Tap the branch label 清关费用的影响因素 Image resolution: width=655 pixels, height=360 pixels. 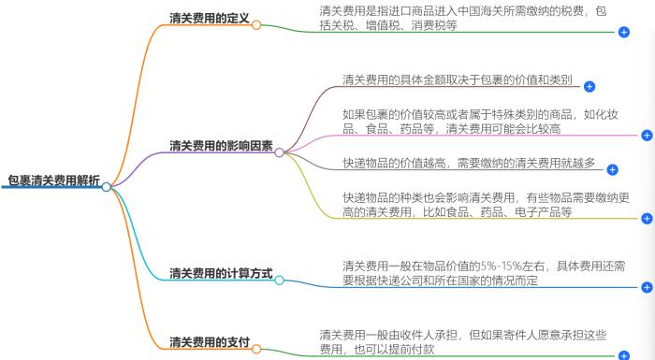tap(221, 146)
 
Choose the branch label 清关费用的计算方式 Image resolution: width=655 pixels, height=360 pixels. tap(221, 274)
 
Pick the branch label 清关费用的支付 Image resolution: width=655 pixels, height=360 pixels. tap(210, 343)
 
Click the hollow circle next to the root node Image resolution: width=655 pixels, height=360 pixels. tap(107, 187)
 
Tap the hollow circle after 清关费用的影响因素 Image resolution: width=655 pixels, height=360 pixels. tap(279, 151)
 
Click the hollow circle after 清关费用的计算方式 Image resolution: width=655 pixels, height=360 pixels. tap(279, 281)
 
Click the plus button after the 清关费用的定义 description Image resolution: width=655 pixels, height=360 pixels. tap(624, 33)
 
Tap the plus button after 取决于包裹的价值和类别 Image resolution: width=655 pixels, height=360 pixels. tap(589, 87)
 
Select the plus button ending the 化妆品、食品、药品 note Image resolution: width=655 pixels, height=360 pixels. tap(647, 136)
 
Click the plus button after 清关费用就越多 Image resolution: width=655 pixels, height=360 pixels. tap(613, 170)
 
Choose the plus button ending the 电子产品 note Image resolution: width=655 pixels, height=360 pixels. tap(647, 219)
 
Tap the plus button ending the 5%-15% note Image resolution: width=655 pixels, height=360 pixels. tap(647, 287)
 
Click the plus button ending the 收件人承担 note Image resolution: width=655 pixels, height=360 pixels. tap(624, 355)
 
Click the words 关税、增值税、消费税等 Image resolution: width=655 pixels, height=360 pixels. tap(387, 25)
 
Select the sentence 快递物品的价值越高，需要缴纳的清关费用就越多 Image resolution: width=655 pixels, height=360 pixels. tap(469, 163)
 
